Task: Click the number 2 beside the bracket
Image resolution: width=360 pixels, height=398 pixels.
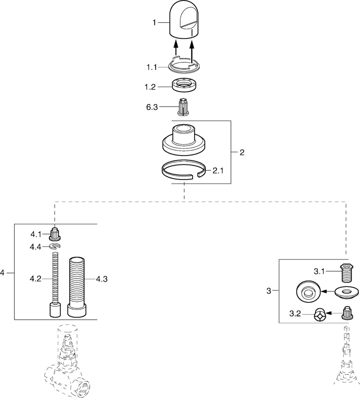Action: point(242,152)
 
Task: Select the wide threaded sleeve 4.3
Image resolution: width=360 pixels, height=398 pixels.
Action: point(77,286)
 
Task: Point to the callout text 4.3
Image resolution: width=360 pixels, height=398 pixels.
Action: point(101,279)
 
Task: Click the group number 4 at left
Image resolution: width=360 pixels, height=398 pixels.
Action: point(3,273)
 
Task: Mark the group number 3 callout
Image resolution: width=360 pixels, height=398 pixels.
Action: point(269,291)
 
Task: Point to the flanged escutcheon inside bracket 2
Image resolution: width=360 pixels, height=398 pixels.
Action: point(183,141)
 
